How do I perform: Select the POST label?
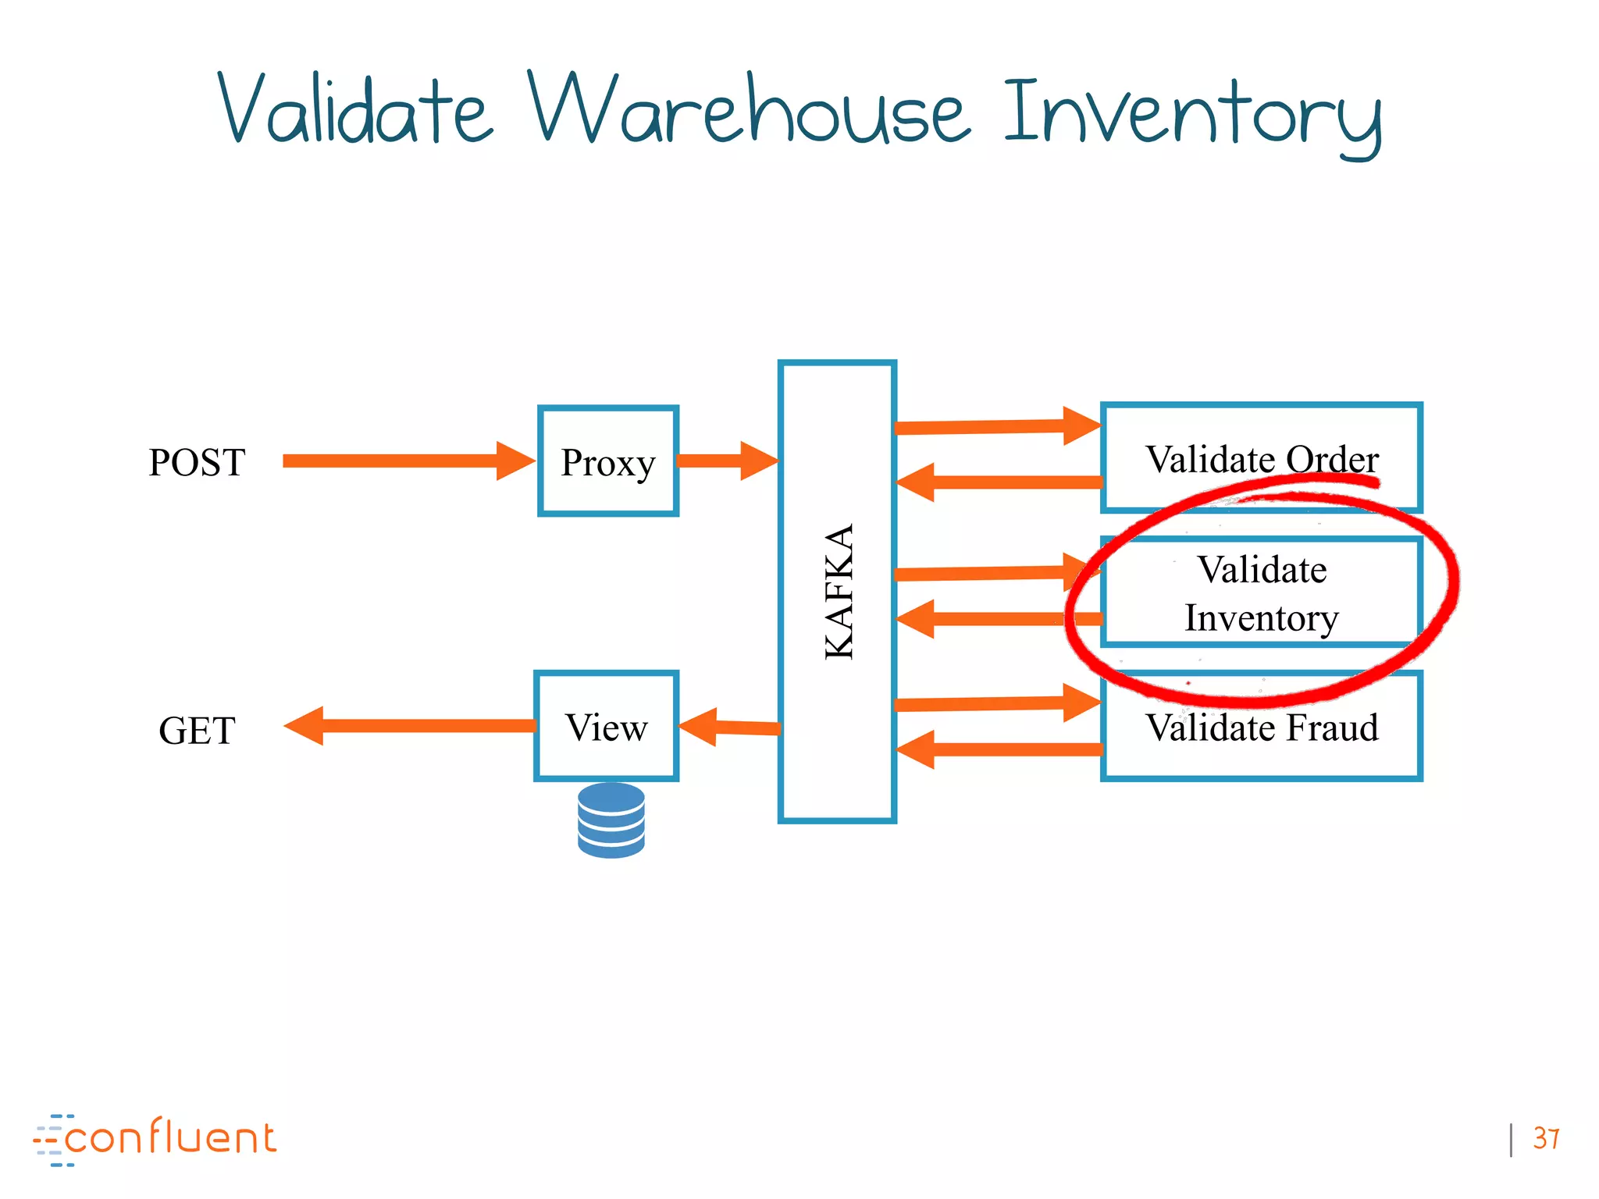[197, 462]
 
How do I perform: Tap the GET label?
[197, 731]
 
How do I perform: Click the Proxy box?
[607, 461]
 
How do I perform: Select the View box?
[606, 727]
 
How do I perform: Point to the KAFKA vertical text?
[839, 591]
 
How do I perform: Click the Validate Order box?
[1261, 458]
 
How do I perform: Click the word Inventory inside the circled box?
[1261, 617]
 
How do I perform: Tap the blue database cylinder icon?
[611, 820]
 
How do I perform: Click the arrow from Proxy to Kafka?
[726, 461]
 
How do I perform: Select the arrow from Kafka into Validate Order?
[995, 426]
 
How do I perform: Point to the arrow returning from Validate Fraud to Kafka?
[999, 749]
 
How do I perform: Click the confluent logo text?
[170, 1139]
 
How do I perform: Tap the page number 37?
[1545, 1138]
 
